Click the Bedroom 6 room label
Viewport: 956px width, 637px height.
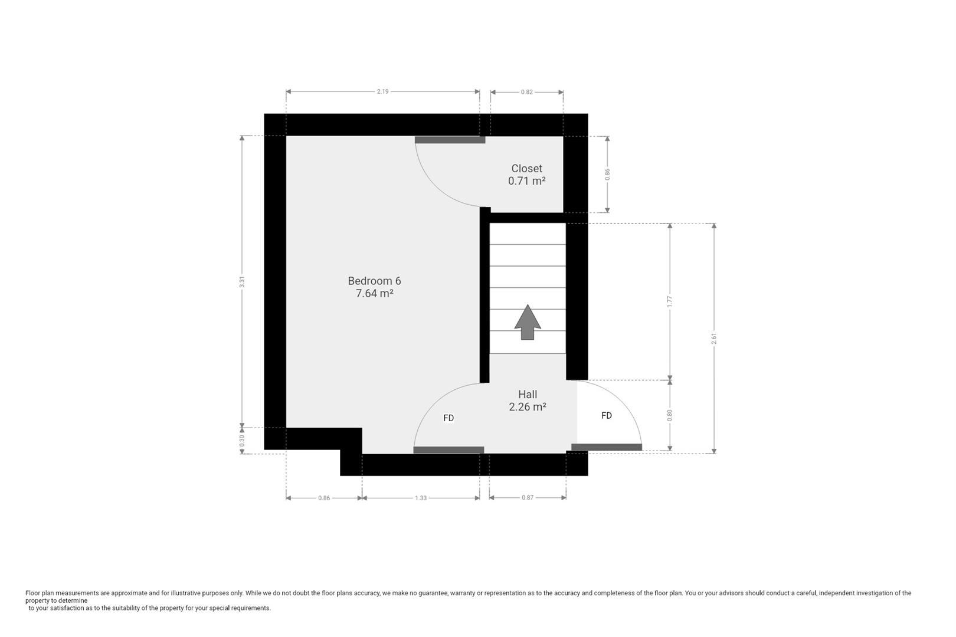coord(374,281)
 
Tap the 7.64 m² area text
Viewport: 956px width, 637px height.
coord(374,293)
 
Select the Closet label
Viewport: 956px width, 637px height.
coord(526,169)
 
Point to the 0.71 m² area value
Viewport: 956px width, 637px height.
coord(526,181)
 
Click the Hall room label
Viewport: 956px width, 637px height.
coord(528,394)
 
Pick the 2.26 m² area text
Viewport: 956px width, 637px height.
coord(528,406)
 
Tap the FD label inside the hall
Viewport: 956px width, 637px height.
coord(448,418)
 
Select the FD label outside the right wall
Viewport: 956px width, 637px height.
coord(606,416)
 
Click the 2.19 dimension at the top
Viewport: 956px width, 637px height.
coord(382,91)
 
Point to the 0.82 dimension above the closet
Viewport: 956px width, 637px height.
coord(526,92)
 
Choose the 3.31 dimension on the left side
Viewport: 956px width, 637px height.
coord(242,282)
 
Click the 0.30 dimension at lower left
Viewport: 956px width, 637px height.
coord(242,441)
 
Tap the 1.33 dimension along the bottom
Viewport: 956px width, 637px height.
coord(420,498)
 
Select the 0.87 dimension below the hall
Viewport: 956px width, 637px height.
coord(528,498)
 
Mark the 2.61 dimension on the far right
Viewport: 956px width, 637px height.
coord(714,339)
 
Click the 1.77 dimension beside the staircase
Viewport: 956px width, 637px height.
coord(669,301)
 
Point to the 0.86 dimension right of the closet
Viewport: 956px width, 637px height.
coord(607,174)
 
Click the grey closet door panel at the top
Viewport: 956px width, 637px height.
coord(450,140)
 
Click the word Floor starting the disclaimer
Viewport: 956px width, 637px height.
coord(32,593)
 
